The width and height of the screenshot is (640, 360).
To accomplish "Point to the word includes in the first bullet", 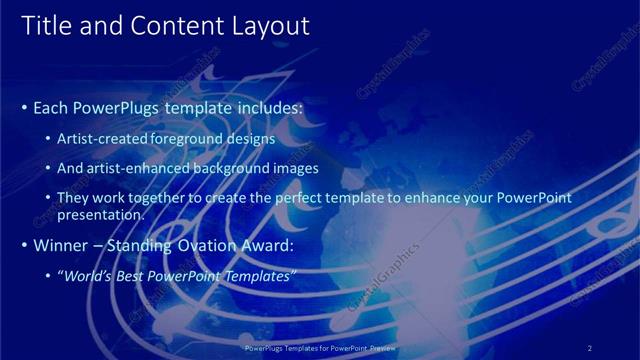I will (266, 106).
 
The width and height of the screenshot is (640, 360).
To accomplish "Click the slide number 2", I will (590, 347).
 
